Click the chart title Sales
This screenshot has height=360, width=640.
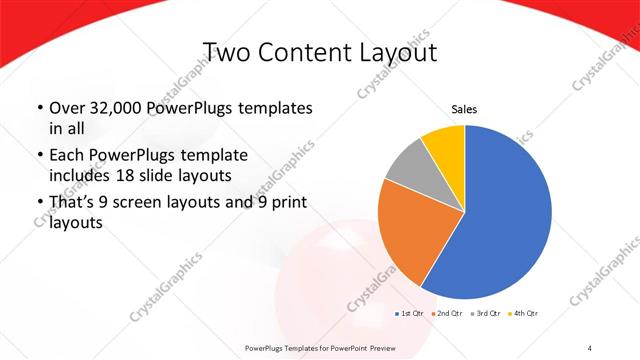coord(465,109)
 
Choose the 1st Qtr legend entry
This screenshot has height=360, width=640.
coord(410,314)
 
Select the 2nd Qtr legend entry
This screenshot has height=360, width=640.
coord(446,314)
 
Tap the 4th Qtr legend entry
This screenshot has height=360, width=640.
coord(524,314)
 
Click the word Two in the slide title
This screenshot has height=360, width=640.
coord(225,52)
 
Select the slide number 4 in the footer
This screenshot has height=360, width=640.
coord(590,347)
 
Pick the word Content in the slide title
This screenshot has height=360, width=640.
coord(305,52)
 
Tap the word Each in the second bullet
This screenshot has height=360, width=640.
coord(68,156)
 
